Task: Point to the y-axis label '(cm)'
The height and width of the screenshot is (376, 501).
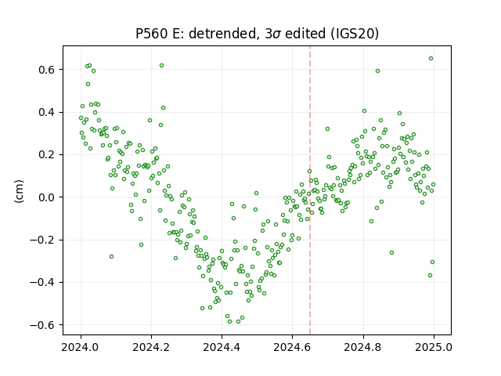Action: pos(19,191)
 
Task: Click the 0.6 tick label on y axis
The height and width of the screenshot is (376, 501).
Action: pos(47,70)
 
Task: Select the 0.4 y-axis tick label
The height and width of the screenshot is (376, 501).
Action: pos(47,112)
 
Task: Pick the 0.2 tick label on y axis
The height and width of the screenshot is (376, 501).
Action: pos(47,155)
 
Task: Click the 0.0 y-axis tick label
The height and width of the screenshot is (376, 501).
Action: pos(47,197)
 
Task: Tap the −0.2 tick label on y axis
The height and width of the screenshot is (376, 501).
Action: pos(43,240)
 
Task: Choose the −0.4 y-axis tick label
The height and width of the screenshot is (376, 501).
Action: pos(43,282)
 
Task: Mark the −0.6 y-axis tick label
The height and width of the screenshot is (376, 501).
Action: pos(43,325)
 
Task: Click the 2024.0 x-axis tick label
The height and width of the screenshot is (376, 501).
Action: pos(81,347)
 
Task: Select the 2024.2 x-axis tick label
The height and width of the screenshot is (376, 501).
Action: pos(151,347)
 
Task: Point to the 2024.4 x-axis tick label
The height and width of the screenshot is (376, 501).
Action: pos(222,347)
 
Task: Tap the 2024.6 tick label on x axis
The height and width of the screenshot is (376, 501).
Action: pos(292,347)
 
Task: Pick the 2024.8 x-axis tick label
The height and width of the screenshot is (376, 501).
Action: pos(363,347)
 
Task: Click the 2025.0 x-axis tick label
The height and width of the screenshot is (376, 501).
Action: pos(434,347)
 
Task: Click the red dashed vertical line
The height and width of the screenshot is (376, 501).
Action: pos(310,190)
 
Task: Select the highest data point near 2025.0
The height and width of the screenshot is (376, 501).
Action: pos(431,59)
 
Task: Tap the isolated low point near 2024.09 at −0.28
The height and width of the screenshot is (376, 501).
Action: pos(111,256)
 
